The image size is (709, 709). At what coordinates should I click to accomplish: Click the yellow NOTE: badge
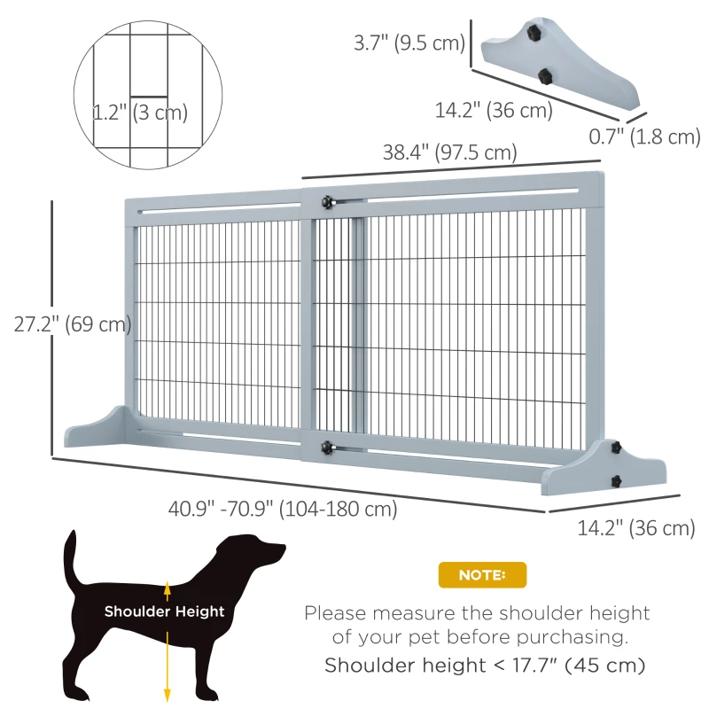tap(482, 575)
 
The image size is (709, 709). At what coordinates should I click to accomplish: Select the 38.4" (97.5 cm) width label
tap(449, 152)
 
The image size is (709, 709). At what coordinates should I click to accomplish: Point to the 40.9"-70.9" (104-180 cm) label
tap(283, 510)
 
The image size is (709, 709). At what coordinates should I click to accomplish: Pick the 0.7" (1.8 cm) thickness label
tap(645, 136)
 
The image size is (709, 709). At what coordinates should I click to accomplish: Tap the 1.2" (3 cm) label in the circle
tap(140, 113)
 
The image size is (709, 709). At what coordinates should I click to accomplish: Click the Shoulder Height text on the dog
tap(164, 612)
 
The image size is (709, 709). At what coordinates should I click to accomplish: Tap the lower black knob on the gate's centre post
tap(328, 448)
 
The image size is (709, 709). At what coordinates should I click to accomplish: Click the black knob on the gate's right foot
tap(614, 480)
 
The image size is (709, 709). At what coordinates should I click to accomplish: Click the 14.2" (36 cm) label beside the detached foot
tap(494, 111)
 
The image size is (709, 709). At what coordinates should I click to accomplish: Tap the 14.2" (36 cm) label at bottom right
tap(635, 528)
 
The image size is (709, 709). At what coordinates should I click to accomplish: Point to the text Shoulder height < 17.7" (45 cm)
tap(484, 665)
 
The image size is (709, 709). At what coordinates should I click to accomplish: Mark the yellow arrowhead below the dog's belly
tap(167, 695)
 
